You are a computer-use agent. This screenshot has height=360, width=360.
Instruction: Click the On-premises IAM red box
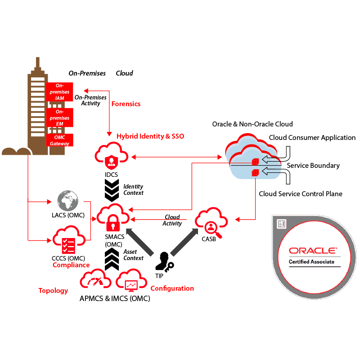[x=59, y=92]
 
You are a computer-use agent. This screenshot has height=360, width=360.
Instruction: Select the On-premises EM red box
[x=59, y=117]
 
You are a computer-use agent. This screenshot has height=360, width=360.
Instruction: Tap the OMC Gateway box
[x=59, y=140]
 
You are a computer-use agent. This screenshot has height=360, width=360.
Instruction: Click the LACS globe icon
[x=68, y=201]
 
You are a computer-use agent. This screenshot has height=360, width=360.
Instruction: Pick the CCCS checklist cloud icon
[x=69, y=242]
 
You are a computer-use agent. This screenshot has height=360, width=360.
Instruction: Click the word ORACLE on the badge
[x=312, y=251]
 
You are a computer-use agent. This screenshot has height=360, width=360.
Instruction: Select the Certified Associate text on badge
[x=311, y=262]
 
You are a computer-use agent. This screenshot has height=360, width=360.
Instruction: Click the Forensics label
[x=126, y=104]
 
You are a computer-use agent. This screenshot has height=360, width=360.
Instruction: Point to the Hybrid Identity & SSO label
[x=150, y=136]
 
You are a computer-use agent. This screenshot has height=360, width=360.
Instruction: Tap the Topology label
[x=53, y=291]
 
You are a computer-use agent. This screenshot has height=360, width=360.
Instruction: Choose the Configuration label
[x=172, y=288]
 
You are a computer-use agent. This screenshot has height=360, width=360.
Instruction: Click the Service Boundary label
[x=313, y=166]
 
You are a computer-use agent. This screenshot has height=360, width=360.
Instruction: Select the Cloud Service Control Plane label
[x=301, y=194]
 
